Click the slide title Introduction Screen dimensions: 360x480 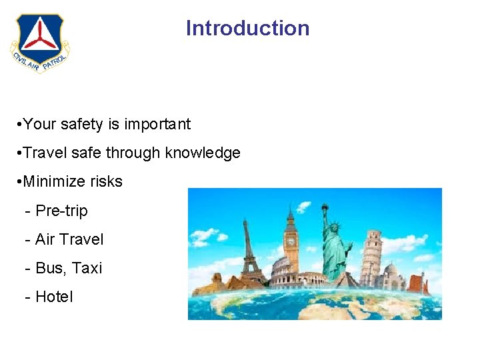coord(247,28)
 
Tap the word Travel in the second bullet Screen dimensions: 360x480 coord(45,153)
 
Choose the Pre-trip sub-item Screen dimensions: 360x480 coord(61,211)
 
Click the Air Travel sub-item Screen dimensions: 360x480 coord(69,239)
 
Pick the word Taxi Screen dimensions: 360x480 coord(87,268)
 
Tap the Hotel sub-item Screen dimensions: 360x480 coord(54,297)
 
